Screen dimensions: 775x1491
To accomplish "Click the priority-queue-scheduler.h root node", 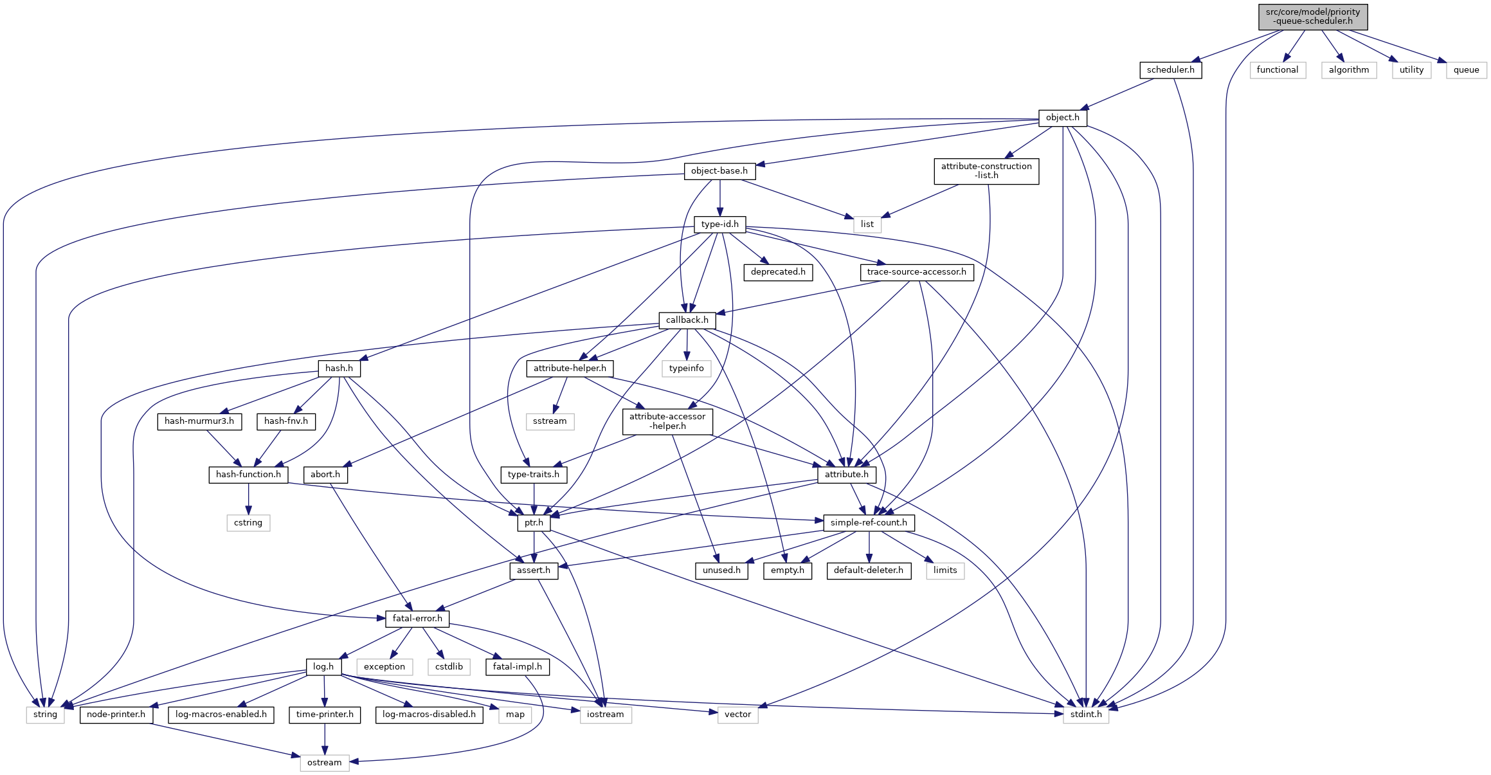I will (x=1312, y=17).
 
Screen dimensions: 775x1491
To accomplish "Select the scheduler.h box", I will (x=1170, y=70).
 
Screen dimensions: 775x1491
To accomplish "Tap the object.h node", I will (x=1062, y=118).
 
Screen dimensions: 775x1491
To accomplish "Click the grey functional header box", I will (x=1277, y=70).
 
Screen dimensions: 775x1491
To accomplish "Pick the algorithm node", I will (x=1348, y=70).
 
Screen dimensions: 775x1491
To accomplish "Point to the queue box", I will (x=1466, y=70).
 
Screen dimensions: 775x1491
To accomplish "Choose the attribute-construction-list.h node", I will (x=986, y=171).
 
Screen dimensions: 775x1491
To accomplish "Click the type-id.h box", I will (x=719, y=224).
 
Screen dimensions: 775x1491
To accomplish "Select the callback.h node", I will (x=687, y=320).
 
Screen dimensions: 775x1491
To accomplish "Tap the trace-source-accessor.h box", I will (x=916, y=272).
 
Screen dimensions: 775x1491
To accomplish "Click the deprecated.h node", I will (x=777, y=272).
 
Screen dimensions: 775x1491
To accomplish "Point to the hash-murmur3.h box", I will (x=199, y=421).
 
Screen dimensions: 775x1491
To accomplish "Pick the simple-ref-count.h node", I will (x=868, y=523).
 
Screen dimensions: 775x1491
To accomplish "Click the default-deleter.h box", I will (x=868, y=570).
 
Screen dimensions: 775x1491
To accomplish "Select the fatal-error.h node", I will (x=417, y=619).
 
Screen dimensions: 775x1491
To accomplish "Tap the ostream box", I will (x=324, y=763).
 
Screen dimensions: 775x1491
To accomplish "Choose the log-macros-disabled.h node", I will (x=429, y=715).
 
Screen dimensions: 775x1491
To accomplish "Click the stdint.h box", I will (x=1085, y=715).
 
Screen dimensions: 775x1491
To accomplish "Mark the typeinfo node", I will (x=686, y=369).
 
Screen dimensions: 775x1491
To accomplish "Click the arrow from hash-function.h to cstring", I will (x=248, y=498).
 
